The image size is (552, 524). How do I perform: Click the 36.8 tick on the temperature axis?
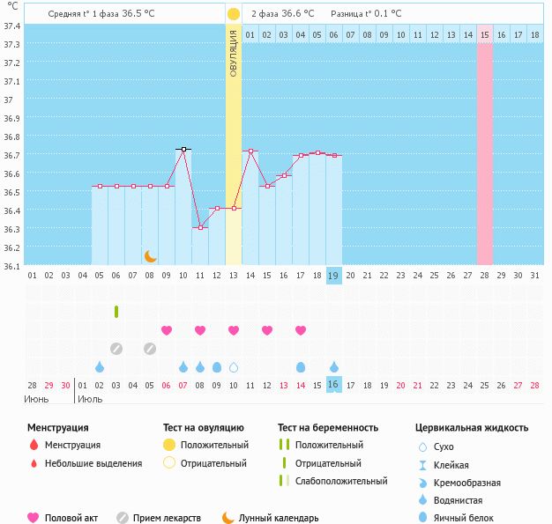pos(13,137)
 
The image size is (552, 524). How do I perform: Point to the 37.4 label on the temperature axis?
pos(13,26)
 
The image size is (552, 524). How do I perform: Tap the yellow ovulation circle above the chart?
pos(233,14)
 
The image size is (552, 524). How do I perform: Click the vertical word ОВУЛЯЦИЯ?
pos(233,53)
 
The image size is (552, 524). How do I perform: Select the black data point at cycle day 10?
pos(183,150)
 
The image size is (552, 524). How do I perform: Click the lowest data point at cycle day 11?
pos(200,227)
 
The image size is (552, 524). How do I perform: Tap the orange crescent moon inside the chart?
pos(151,256)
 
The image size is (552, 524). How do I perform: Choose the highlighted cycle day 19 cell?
pos(334,275)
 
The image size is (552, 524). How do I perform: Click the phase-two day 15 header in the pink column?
pos(485,34)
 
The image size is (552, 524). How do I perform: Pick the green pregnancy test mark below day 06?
pos(116,312)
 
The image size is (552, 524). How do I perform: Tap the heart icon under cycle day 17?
pos(301,330)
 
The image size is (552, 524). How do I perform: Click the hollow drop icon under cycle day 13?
pos(234,367)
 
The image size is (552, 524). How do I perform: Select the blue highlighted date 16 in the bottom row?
pos(334,385)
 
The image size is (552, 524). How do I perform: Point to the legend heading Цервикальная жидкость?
pos(472,427)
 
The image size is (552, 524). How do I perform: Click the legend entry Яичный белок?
pos(469,518)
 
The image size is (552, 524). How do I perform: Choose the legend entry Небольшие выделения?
pos(93,463)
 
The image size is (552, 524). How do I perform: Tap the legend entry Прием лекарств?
pos(167,518)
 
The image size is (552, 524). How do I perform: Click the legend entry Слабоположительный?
pos(340,481)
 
